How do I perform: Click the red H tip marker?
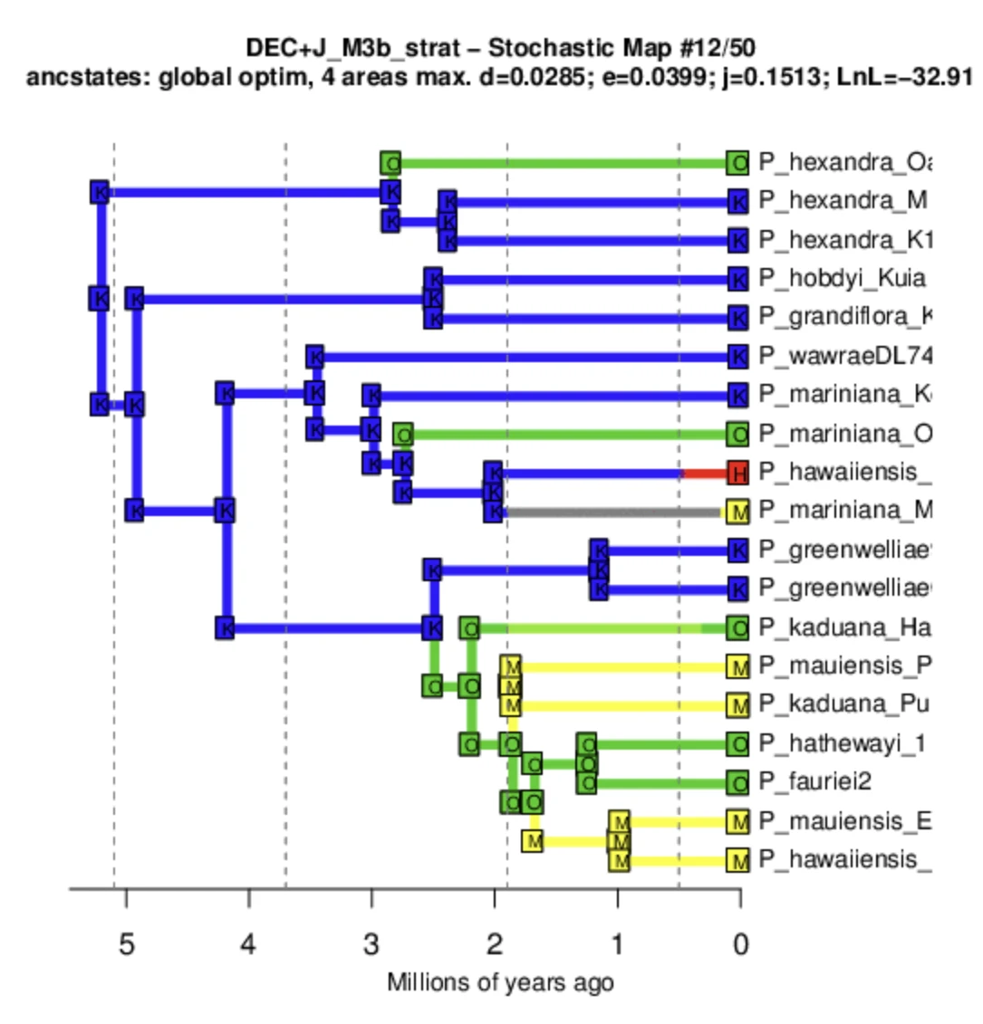[x=738, y=473]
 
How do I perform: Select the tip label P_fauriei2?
[x=814, y=781]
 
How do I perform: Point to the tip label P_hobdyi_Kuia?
[x=843, y=279]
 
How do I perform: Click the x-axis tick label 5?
[x=126, y=944]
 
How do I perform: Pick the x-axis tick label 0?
[x=739, y=944]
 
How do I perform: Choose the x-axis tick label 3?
[x=371, y=944]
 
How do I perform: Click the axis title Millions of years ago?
[x=500, y=983]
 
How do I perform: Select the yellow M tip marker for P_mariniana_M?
[x=739, y=512]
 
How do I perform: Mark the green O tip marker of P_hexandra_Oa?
[x=738, y=163]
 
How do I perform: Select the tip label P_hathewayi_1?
[x=843, y=744]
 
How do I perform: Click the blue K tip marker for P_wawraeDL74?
[x=738, y=357]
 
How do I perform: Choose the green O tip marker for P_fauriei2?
[x=738, y=782]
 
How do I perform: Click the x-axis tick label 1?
[x=617, y=944]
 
